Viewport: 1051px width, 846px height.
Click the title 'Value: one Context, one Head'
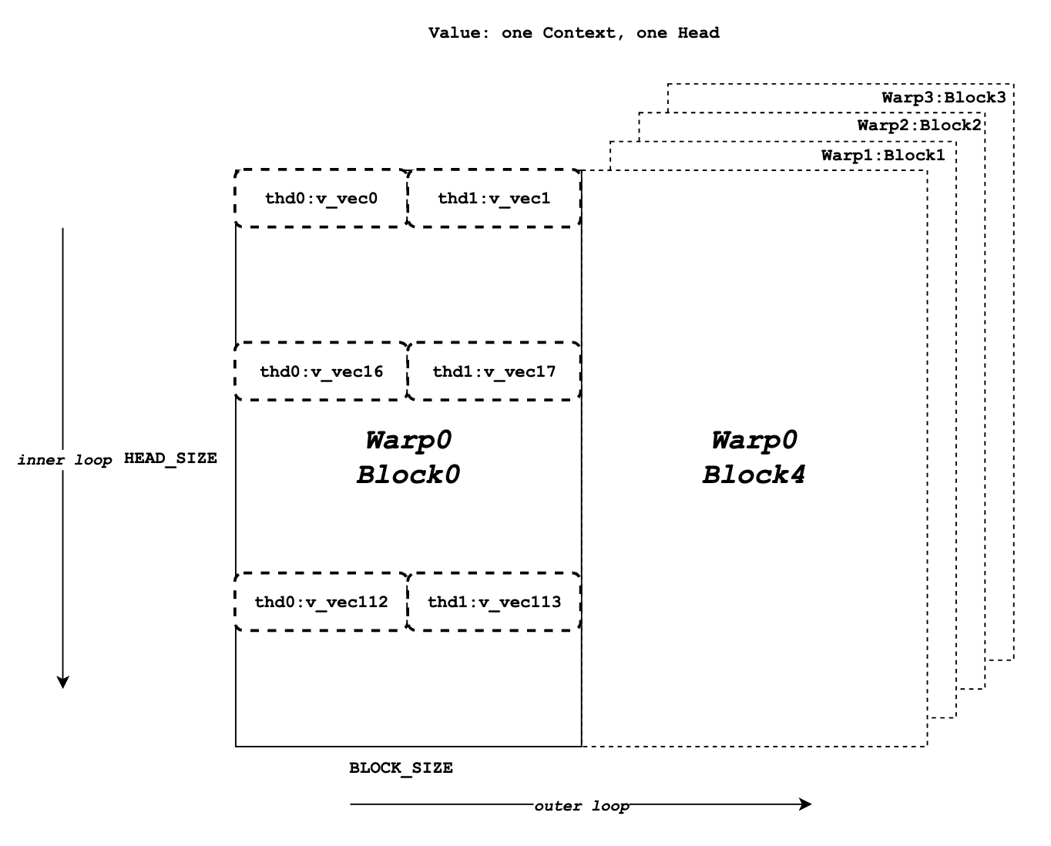point(573,33)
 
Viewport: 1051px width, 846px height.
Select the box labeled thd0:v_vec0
point(321,199)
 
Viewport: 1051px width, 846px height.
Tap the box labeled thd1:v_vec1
point(494,199)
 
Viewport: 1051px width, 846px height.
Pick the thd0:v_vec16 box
point(321,371)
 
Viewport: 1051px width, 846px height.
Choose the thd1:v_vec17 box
point(494,371)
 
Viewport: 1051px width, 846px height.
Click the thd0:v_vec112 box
point(321,602)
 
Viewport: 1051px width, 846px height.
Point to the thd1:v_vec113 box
point(494,602)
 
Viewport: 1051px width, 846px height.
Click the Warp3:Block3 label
point(944,98)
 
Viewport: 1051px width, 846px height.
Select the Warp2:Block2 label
point(919,126)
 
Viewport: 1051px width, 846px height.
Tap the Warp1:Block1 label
point(883,155)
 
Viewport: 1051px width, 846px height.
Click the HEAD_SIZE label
point(170,458)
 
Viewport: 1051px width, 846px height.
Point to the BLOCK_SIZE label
point(401,768)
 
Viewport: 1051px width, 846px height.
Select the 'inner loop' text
point(65,460)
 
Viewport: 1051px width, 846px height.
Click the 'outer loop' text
point(582,806)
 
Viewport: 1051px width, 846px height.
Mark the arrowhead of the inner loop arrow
point(63,682)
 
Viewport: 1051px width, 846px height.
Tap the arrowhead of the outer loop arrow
point(806,804)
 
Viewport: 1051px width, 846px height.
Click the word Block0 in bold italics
point(408,475)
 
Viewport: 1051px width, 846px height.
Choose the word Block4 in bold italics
point(754,475)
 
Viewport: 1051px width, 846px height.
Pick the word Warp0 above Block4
point(754,441)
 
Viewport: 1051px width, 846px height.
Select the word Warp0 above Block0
point(408,441)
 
